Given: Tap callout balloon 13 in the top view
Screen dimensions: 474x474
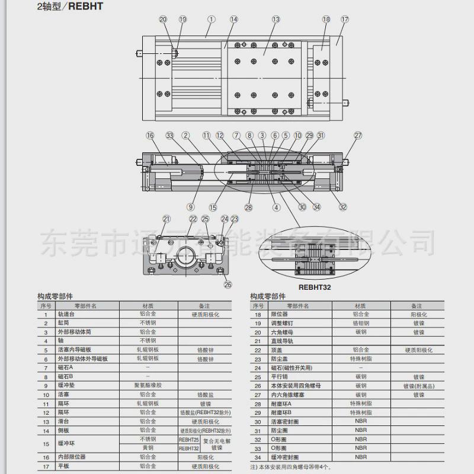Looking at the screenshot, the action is click(276, 20).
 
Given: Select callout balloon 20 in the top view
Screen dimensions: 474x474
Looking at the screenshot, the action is click(164, 20).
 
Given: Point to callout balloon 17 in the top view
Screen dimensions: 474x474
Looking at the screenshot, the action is click(344, 20).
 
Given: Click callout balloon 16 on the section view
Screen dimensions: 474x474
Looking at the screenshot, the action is click(150, 135).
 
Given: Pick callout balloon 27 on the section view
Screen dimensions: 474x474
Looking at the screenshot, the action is click(357, 135).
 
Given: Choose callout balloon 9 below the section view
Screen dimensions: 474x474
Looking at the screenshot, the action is click(190, 207).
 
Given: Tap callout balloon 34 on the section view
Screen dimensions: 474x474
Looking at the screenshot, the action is click(317, 207).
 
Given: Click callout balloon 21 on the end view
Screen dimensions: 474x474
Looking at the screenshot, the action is click(166, 219).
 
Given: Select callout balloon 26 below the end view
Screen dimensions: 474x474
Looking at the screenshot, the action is click(228, 284).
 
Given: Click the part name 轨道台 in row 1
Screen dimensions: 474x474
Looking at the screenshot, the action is click(66, 315).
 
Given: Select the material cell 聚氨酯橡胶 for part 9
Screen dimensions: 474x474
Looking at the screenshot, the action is click(148, 385).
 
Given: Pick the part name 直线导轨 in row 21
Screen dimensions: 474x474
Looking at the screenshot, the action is click(280, 341).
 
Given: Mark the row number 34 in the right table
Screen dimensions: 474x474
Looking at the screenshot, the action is click(258, 457).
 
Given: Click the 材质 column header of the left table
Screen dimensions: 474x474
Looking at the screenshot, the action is click(148, 306).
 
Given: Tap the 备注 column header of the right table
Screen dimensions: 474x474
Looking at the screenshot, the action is click(417, 306).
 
